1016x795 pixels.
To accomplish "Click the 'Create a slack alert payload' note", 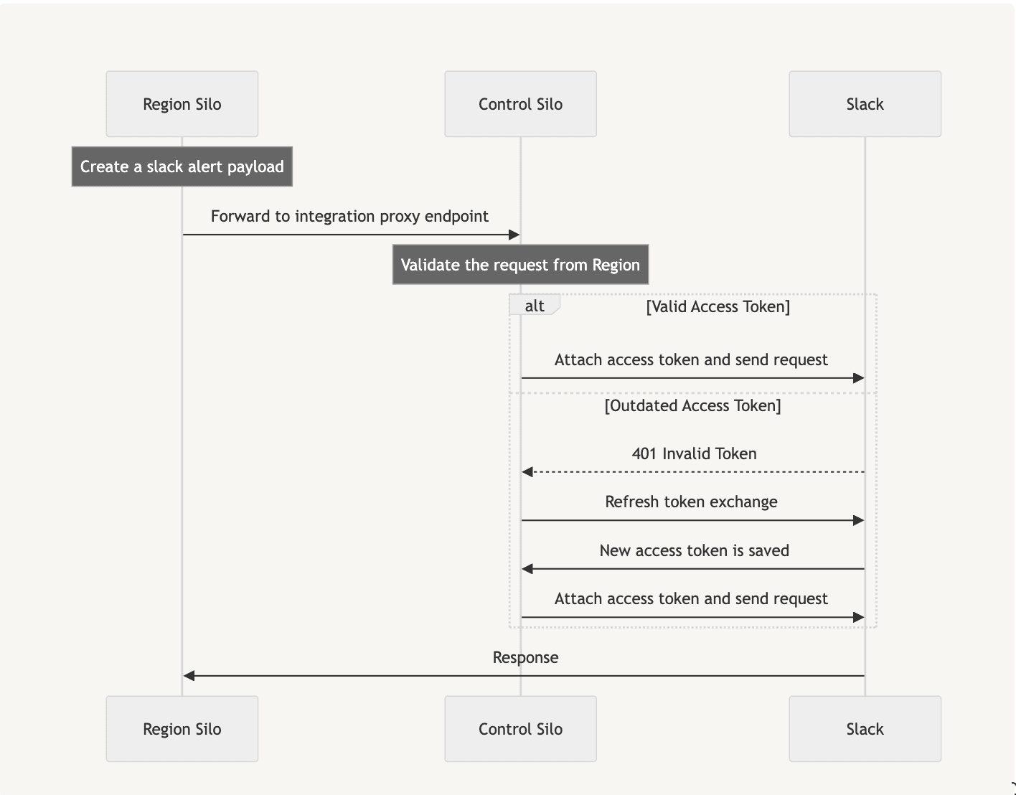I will tap(182, 166).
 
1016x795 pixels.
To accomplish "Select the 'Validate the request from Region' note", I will tap(520, 265).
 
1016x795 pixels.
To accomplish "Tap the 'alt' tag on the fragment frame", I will tap(535, 306).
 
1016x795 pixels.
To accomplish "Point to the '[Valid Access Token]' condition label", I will tap(718, 306).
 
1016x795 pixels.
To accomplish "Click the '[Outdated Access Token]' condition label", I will tap(692, 405).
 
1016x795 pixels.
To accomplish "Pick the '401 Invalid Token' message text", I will tap(694, 453).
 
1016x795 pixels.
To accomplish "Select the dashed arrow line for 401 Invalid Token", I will tap(693, 472).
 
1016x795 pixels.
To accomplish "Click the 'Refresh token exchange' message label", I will tap(691, 502).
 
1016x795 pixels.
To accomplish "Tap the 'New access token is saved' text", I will tap(694, 550).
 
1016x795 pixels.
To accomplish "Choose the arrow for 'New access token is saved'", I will tap(693, 569).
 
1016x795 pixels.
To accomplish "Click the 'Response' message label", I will tap(525, 657).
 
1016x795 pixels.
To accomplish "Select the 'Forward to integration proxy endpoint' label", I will tap(349, 216).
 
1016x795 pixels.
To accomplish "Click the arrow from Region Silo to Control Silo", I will tap(351, 235).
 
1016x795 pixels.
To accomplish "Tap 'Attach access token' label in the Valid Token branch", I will tap(691, 359).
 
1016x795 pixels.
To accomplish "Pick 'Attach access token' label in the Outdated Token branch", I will tap(691, 598).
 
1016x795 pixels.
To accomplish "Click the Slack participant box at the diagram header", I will tap(865, 104).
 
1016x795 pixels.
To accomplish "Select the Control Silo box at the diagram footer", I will tap(520, 729).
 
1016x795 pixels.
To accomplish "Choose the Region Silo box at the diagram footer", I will tap(182, 729).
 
